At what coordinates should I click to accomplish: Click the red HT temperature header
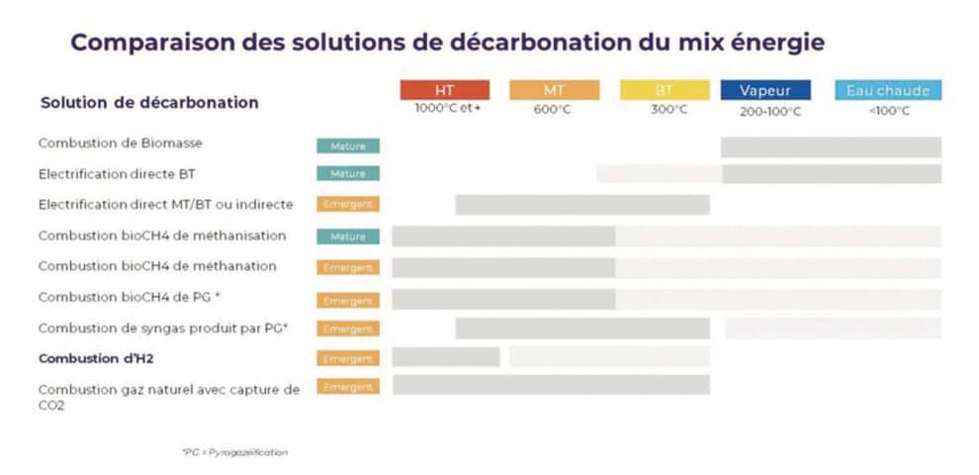[x=444, y=90]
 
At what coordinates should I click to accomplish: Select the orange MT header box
[x=554, y=90]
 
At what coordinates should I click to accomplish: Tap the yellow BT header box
[x=665, y=90]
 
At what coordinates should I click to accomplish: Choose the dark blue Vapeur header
[x=765, y=90]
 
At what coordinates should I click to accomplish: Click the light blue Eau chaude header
[x=888, y=90]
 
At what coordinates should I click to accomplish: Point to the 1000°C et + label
[x=447, y=109]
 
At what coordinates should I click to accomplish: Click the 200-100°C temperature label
[x=770, y=111]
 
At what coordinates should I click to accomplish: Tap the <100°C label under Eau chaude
[x=889, y=110]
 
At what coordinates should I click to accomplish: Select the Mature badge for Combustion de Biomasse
[x=348, y=145]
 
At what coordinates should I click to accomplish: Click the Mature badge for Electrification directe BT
[x=348, y=173]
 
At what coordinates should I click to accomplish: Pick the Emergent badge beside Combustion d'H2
[x=348, y=358]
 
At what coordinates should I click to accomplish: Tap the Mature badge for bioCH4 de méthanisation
[x=348, y=237]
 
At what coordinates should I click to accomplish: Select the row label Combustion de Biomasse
[x=120, y=143]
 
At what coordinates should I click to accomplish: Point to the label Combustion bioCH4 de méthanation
[x=157, y=266]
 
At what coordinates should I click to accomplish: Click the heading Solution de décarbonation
[x=149, y=103]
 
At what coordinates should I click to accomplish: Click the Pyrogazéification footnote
[x=234, y=452]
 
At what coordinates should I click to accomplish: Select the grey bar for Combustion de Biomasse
[x=830, y=146]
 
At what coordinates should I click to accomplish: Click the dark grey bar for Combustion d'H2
[x=445, y=356]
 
